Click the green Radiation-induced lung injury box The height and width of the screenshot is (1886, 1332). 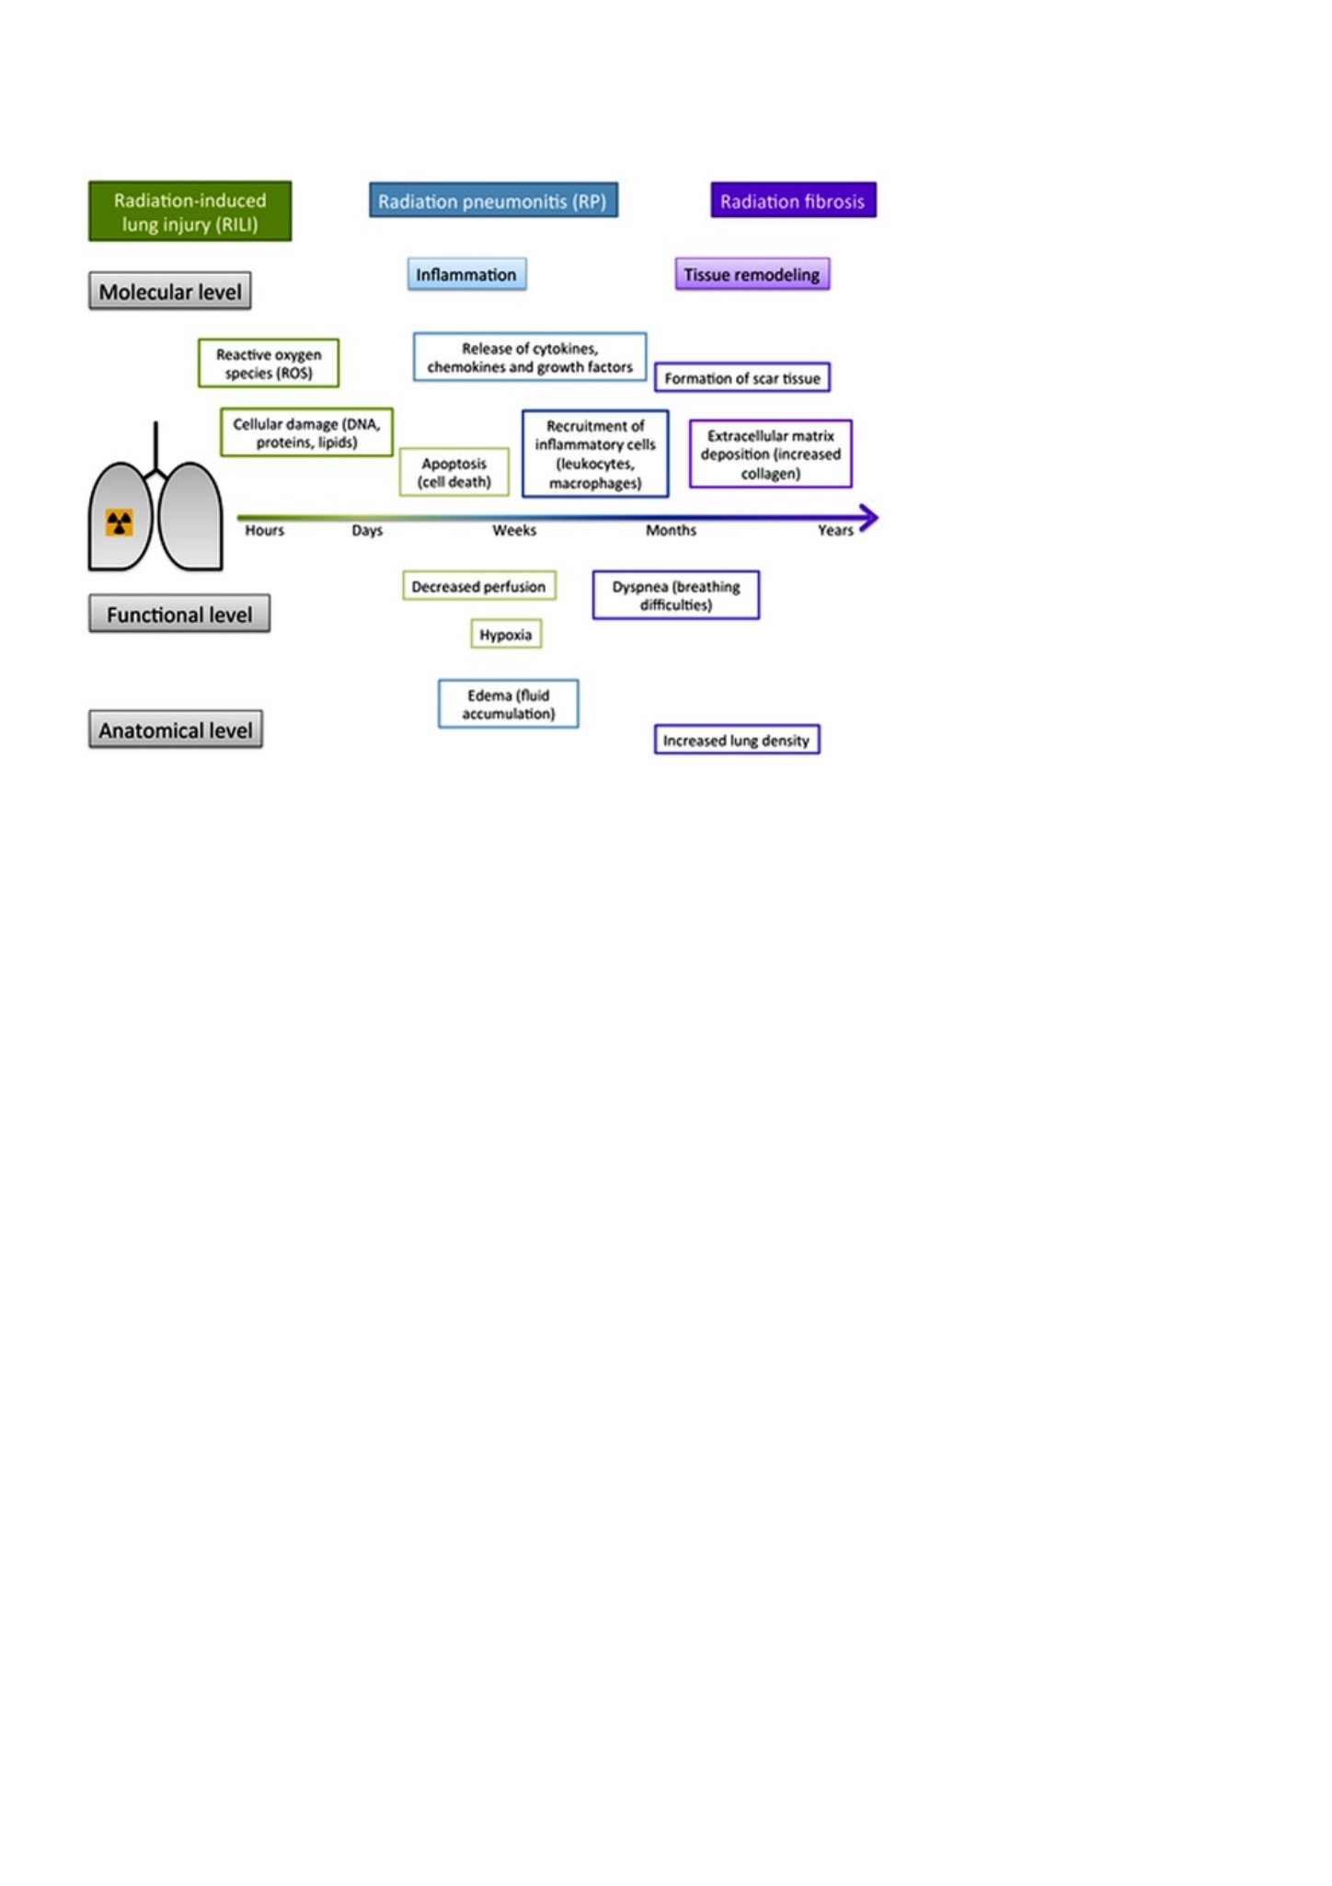[x=190, y=212]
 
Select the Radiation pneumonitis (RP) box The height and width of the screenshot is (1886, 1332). [x=493, y=201]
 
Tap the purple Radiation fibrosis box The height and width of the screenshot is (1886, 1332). [x=793, y=201]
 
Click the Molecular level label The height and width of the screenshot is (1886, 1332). [x=170, y=292]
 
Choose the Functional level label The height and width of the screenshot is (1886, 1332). [x=179, y=614]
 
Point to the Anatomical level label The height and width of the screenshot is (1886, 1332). [x=176, y=730]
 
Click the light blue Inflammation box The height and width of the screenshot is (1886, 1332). [x=467, y=274]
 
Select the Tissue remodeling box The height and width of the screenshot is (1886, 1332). [x=752, y=274]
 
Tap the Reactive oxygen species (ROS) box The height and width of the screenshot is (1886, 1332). [x=269, y=363]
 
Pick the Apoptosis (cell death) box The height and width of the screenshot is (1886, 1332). [x=454, y=472]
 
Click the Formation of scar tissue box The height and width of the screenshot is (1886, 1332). [x=742, y=378]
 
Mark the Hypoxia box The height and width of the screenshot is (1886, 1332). [x=506, y=634]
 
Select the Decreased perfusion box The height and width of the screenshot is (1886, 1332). [x=479, y=586]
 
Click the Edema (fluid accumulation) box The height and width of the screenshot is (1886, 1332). [x=509, y=704]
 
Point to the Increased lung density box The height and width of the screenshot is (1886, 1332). [x=737, y=740]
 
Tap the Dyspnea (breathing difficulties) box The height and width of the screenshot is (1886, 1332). [x=676, y=595]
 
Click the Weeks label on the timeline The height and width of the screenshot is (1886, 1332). [x=514, y=530]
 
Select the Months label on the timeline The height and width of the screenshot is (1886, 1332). [x=672, y=530]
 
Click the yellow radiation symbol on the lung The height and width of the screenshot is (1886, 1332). [x=120, y=523]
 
